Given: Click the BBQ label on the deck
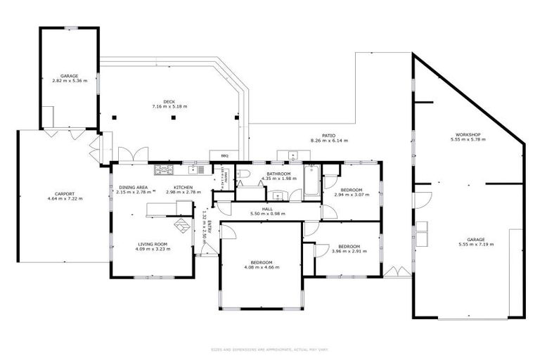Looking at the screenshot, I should pyautogui.click(x=225, y=155).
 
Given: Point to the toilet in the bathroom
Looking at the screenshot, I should pyautogui.click(x=243, y=173).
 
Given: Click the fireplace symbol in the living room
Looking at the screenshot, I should pyautogui.click(x=182, y=226).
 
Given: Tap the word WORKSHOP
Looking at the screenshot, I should pyautogui.click(x=468, y=134).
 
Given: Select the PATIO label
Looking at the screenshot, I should pyautogui.click(x=328, y=135).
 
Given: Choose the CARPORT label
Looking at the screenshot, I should pyautogui.click(x=65, y=193).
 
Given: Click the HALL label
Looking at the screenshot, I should pyautogui.click(x=267, y=208).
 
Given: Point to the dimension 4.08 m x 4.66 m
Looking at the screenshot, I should pyautogui.click(x=258, y=267).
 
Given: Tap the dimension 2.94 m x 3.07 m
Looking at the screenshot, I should pyautogui.click(x=352, y=195).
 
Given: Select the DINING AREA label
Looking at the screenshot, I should pyautogui.click(x=133, y=186).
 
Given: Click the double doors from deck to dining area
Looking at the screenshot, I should pyautogui.click(x=133, y=154).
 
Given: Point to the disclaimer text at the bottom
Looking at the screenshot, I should pyautogui.click(x=269, y=349).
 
